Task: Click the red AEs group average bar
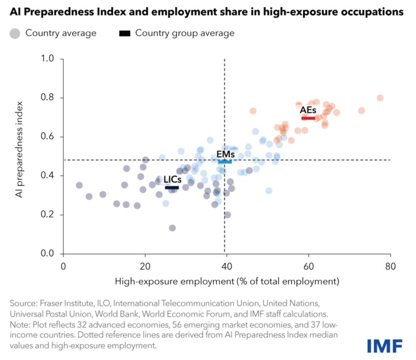[x=308, y=118]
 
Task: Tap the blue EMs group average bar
[x=225, y=162]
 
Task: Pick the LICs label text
[x=172, y=180]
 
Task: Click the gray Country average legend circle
[x=15, y=33]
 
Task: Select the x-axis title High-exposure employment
[x=227, y=281]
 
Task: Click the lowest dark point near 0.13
[x=172, y=228]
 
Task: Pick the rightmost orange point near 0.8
[x=380, y=98]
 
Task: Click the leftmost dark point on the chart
[x=79, y=185]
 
